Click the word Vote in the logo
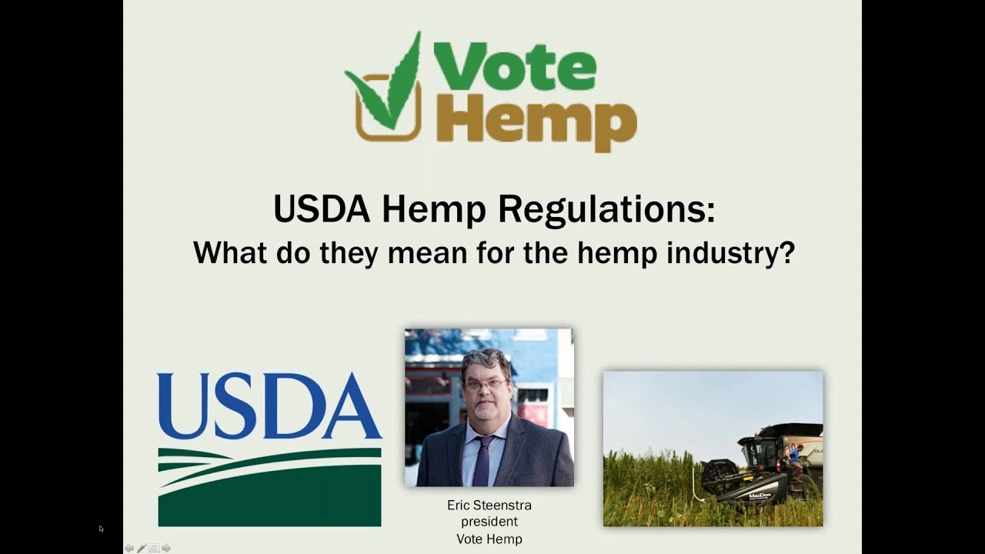pos(515,66)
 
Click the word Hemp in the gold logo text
pos(536,119)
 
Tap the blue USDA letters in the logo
pos(269,405)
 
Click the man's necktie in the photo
pos(482,462)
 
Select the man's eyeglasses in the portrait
pos(485,382)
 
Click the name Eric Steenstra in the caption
pos(489,506)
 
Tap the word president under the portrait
pos(489,522)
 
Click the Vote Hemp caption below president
pos(489,539)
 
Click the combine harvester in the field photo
pos(762,469)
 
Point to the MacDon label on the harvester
pos(760,495)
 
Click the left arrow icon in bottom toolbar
pos(129,549)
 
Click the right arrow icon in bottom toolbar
pos(166,549)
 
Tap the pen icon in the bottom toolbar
pos(142,549)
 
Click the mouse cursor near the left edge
pos(101,529)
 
